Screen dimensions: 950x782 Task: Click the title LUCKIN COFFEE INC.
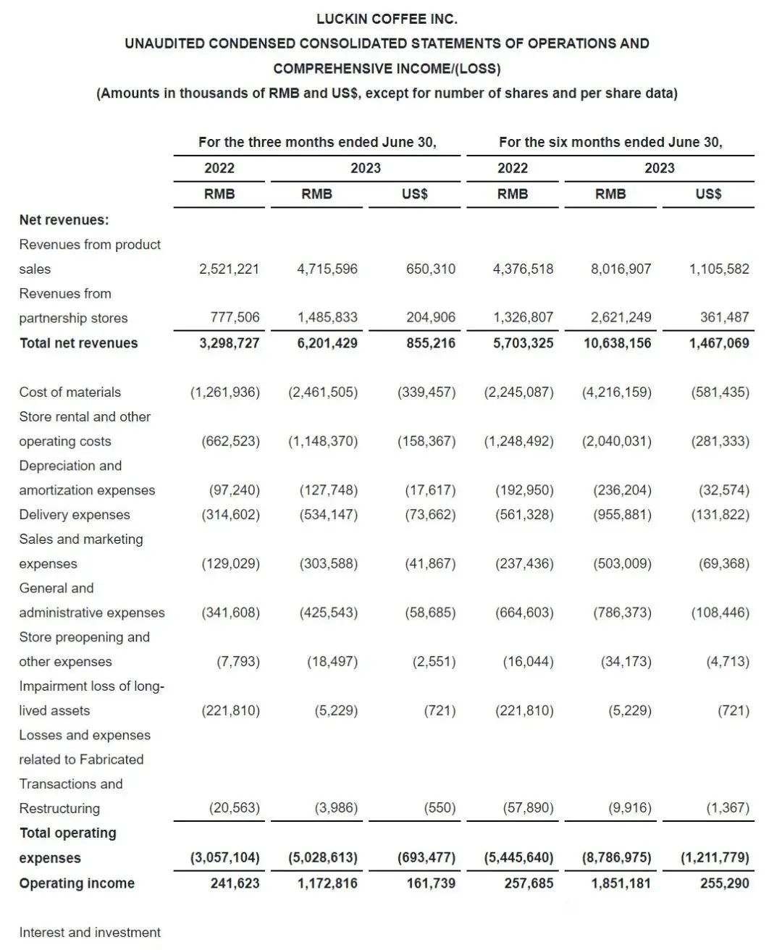coord(387,19)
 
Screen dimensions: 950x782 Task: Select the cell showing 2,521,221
coord(229,269)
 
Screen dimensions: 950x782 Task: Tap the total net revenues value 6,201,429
coord(327,343)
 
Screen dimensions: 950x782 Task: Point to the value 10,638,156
coord(618,343)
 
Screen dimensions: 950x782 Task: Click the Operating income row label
coord(77,883)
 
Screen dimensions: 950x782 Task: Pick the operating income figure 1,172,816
coord(327,883)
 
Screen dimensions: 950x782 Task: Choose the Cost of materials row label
coord(70,392)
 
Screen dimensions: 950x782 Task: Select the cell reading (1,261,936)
coord(225,392)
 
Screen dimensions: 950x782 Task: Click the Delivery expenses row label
coord(75,515)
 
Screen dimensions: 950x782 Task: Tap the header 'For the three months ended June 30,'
coord(317,142)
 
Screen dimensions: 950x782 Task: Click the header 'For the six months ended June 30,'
coord(610,142)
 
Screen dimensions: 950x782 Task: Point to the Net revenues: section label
coord(64,220)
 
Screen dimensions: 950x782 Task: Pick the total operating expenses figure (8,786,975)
coord(617,858)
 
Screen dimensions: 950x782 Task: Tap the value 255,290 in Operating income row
coord(725,883)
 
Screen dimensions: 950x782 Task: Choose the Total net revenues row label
coord(78,343)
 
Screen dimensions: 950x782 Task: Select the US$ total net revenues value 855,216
coord(431,343)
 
